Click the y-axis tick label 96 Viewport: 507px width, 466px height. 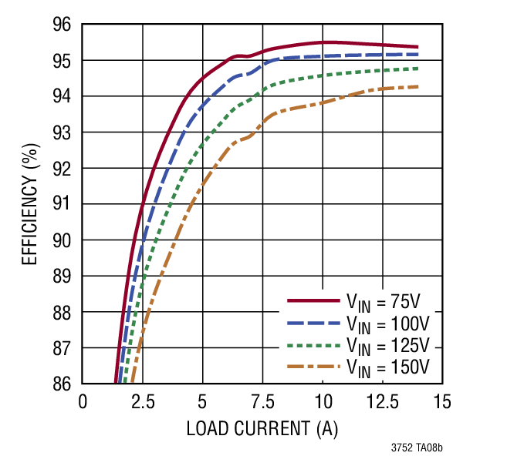coord(62,25)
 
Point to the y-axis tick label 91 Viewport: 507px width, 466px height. coord(62,204)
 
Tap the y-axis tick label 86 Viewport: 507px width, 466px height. coord(62,384)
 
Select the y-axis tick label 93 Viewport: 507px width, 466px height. coord(62,132)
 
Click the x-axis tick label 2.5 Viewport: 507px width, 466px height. coord(142,402)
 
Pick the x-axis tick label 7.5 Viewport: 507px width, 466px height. coord(262,402)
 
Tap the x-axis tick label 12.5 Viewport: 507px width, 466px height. coord(383,402)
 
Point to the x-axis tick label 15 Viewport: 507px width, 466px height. coord(442,402)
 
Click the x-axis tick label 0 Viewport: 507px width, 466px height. coord(83,402)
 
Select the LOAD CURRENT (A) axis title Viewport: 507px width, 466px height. coord(262,428)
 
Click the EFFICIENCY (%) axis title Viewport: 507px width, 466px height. coord(29,204)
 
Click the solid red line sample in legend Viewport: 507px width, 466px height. coord(313,300)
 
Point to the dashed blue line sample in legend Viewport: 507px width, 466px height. coord(313,322)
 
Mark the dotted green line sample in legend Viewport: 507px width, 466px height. coord(313,343)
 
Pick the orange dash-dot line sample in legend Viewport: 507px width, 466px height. coord(313,364)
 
